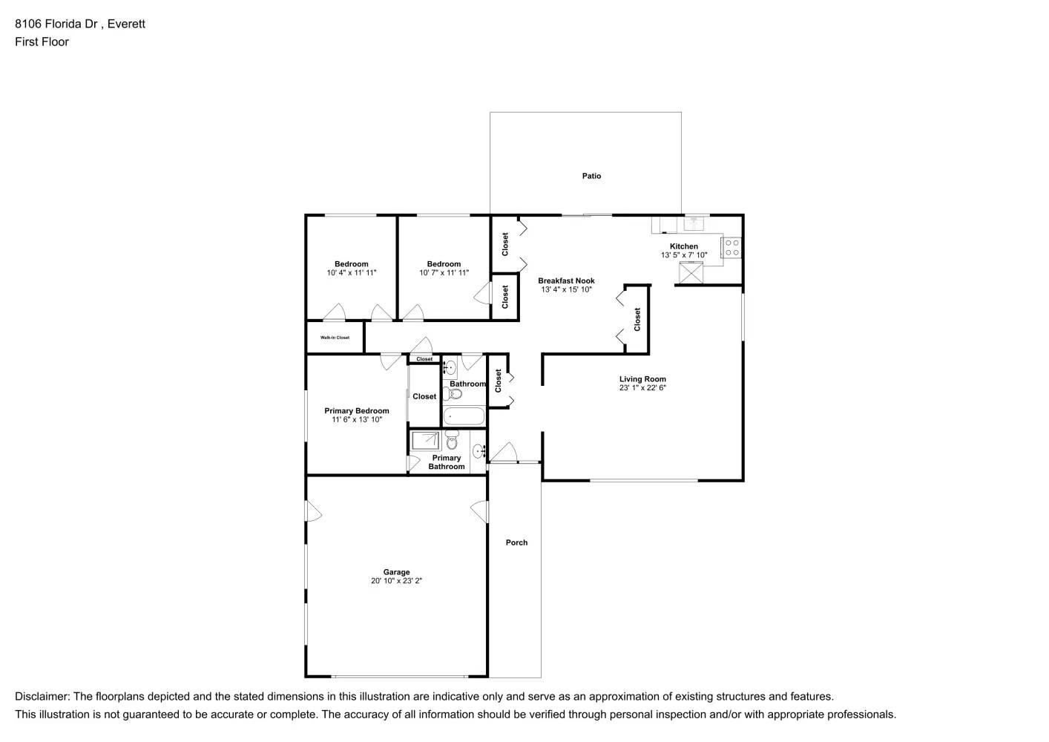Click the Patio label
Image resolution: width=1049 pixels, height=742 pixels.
(591, 176)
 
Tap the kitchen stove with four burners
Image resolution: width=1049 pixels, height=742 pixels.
(731, 247)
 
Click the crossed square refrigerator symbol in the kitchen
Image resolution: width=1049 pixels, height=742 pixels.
(691, 273)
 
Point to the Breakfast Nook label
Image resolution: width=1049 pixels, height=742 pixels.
(566, 280)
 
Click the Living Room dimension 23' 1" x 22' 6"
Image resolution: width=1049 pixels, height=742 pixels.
(642, 387)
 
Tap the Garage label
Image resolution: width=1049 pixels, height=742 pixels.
(396, 572)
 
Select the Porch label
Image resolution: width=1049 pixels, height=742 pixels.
(516, 542)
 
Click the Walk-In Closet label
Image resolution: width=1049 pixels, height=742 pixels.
(335, 338)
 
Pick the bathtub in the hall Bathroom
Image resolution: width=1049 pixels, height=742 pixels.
(464, 416)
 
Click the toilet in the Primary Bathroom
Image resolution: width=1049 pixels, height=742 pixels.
(452, 442)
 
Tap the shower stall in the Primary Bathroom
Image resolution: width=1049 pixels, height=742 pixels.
(426, 441)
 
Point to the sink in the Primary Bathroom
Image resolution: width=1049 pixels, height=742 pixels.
(479, 450)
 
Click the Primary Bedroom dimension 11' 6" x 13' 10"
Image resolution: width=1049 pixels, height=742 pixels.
(356, 420)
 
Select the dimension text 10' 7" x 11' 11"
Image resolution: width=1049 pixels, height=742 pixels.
(444, 273)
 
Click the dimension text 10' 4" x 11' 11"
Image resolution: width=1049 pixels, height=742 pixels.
(351, 273)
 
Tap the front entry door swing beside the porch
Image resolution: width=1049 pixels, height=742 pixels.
(504, 452)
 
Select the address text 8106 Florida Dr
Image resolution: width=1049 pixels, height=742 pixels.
(59, 24)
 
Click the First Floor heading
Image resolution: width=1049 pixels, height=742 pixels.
(42, 42)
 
